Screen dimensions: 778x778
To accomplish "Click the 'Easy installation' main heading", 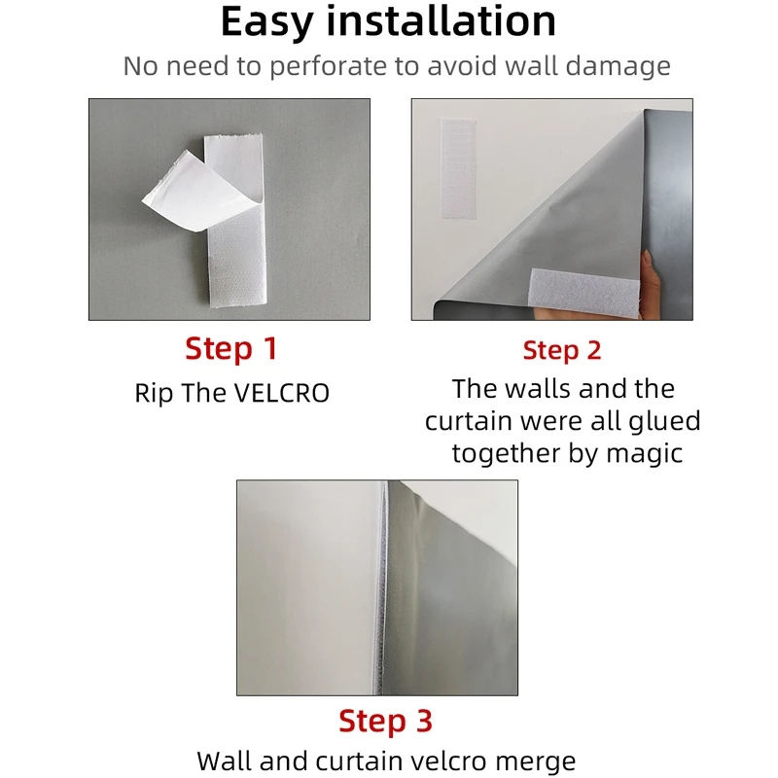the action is click(388, 21).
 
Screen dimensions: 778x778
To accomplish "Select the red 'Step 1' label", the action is click(231, 348).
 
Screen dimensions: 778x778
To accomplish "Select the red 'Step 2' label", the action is click(562, 350).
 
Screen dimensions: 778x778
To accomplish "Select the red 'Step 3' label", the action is click(385, 721).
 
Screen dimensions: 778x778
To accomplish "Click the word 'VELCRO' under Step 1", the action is click(281, 393).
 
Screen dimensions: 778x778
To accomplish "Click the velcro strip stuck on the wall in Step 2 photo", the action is click(458, 168).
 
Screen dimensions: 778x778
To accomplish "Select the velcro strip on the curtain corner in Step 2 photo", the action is click(585, 293).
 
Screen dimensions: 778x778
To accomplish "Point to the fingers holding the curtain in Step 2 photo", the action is click(650, 284).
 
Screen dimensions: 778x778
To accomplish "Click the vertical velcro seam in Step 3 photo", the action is click(381, 588).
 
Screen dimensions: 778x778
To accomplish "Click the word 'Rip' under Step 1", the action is click(154, 393).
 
